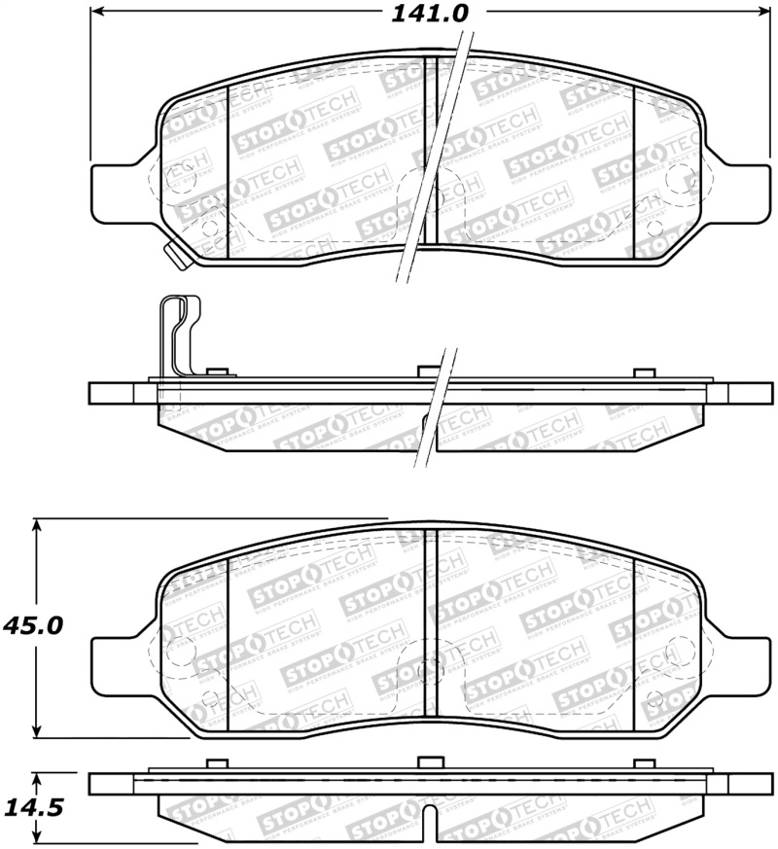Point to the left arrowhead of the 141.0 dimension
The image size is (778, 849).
coord(97,13)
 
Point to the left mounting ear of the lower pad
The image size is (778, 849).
coord(117,667)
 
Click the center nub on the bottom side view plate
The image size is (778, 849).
coord(429,763)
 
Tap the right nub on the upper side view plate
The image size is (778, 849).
coord(643,374)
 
